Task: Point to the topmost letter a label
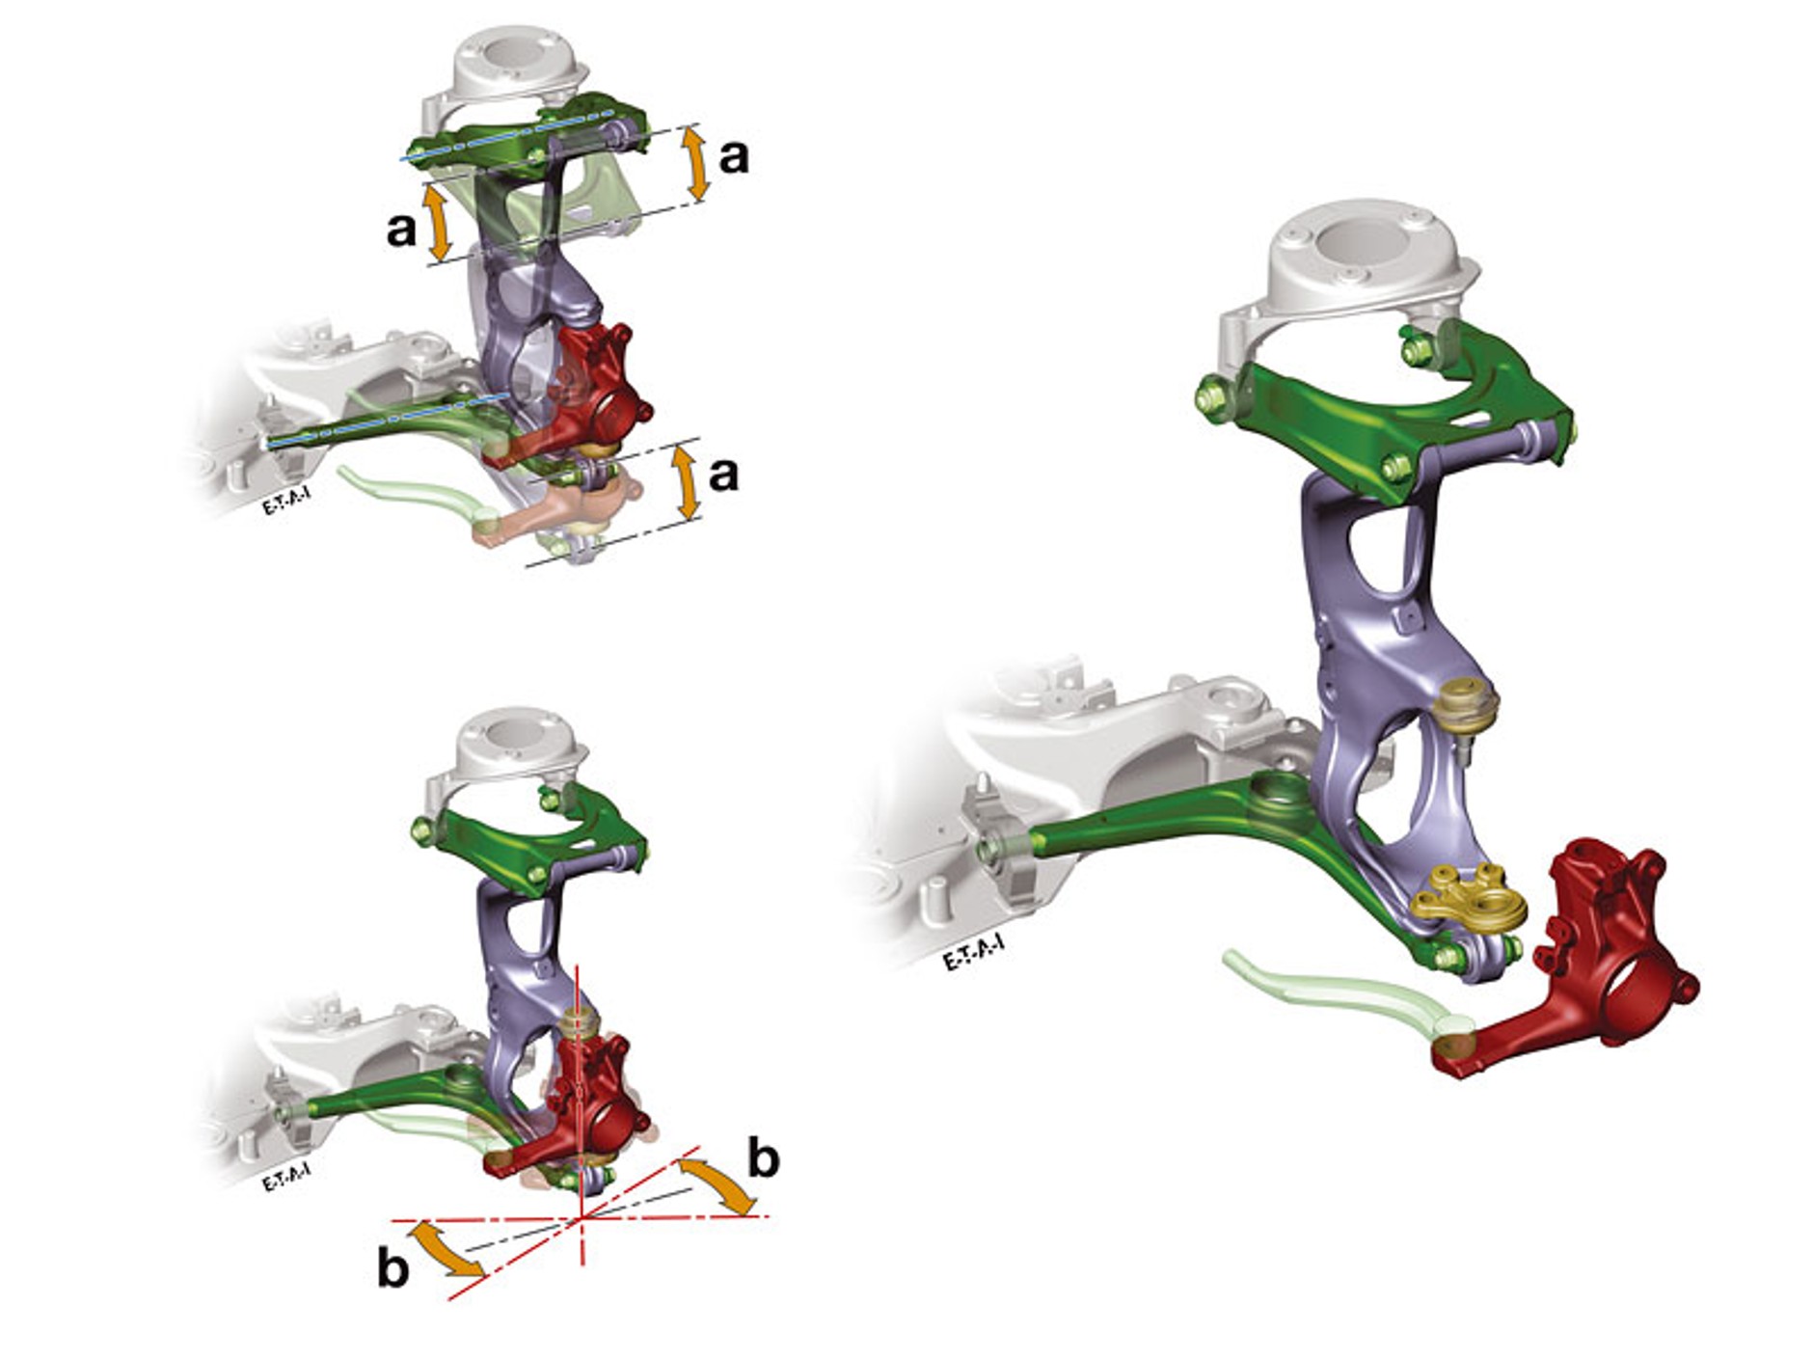pyautogui.click(x=734, y=155)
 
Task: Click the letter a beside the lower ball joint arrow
pyautogui.click(x=723, y=474)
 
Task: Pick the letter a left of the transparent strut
pyautogui.click(x=401, y=229)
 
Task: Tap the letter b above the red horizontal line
pyautogui.click(x=764, y=1156)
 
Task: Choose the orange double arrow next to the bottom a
pyautogui.click(x=687, y=480)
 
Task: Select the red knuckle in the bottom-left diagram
pyautogui.click(x=588, y=1100)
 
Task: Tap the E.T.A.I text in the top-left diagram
pyautogui.click(x=286, y=502)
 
